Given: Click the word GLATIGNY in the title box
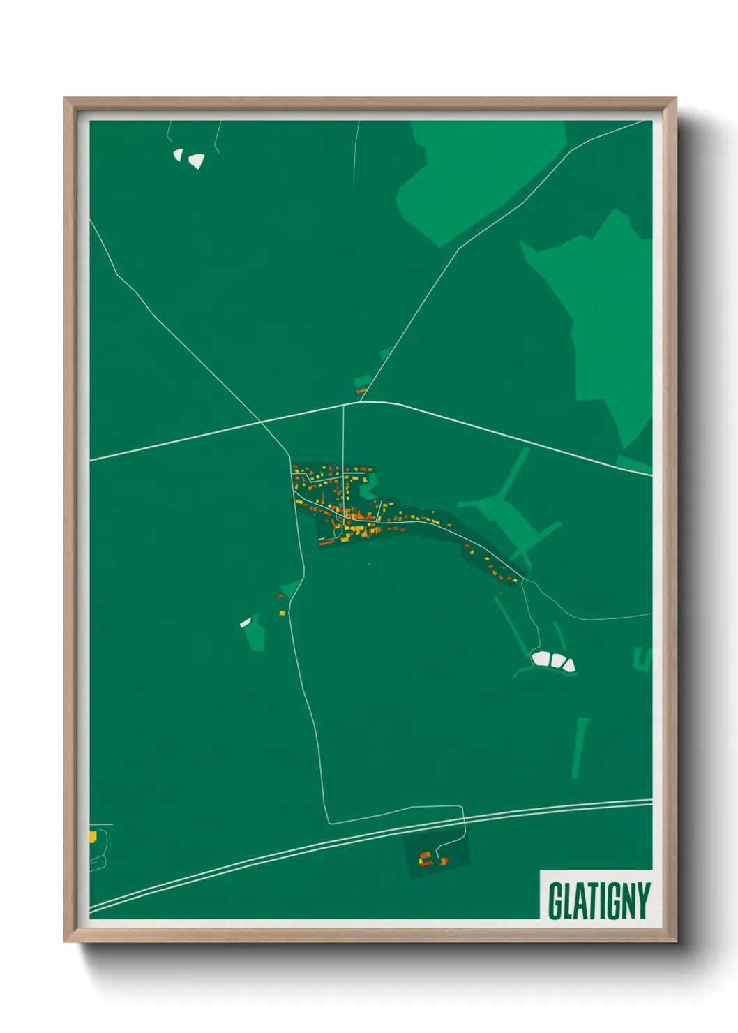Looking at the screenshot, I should coord(598,900).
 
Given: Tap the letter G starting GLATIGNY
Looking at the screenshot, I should coord(555,900).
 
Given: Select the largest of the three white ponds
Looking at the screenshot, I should coord(541,658).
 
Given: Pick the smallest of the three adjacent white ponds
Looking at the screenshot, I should coord(569,664).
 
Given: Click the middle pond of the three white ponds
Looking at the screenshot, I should coord(557,660).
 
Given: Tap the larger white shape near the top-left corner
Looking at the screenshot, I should coord(196,161).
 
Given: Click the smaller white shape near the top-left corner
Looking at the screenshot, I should coord(178,154).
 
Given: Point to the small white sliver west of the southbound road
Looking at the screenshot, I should coord(245,623).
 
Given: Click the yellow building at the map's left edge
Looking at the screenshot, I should coord(92,836).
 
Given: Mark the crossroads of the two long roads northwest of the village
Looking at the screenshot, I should coord(261,422).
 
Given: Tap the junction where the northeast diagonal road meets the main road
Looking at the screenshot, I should coord(361,402).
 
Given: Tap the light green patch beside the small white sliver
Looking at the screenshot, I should coord(257,633).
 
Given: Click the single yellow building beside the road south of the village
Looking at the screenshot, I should coord(283,613).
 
